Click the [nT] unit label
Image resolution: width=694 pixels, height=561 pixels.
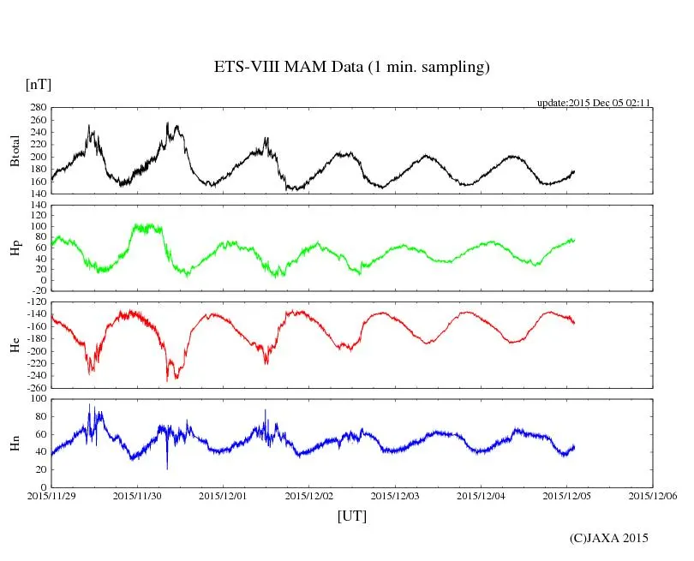click(x=39, y=84)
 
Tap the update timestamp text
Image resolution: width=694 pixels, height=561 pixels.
click(x=594, y=103)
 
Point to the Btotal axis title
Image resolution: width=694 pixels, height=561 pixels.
click(x=15, y=151)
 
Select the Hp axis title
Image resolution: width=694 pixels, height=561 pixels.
click(x=15, y=248)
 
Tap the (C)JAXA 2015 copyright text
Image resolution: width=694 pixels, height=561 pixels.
click(x=609, y=538)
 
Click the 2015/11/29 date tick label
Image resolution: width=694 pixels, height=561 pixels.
click(x=51, y=495)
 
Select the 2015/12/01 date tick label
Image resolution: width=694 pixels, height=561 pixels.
click(x=224, y=495)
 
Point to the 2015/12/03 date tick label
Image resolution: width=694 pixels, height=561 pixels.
click(x=396, y=495)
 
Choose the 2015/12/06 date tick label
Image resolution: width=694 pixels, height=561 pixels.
click(x=654, y=495)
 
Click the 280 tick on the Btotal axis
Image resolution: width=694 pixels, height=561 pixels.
click(x=37, y=108)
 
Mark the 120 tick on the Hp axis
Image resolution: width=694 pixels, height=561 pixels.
click(x=37, y=206)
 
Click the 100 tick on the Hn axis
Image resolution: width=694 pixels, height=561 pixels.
click(x=37, y=399)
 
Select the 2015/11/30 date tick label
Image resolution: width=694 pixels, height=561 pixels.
click(x=137, y=495)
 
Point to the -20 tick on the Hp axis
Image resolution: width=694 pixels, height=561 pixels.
click(x=37, y=290)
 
